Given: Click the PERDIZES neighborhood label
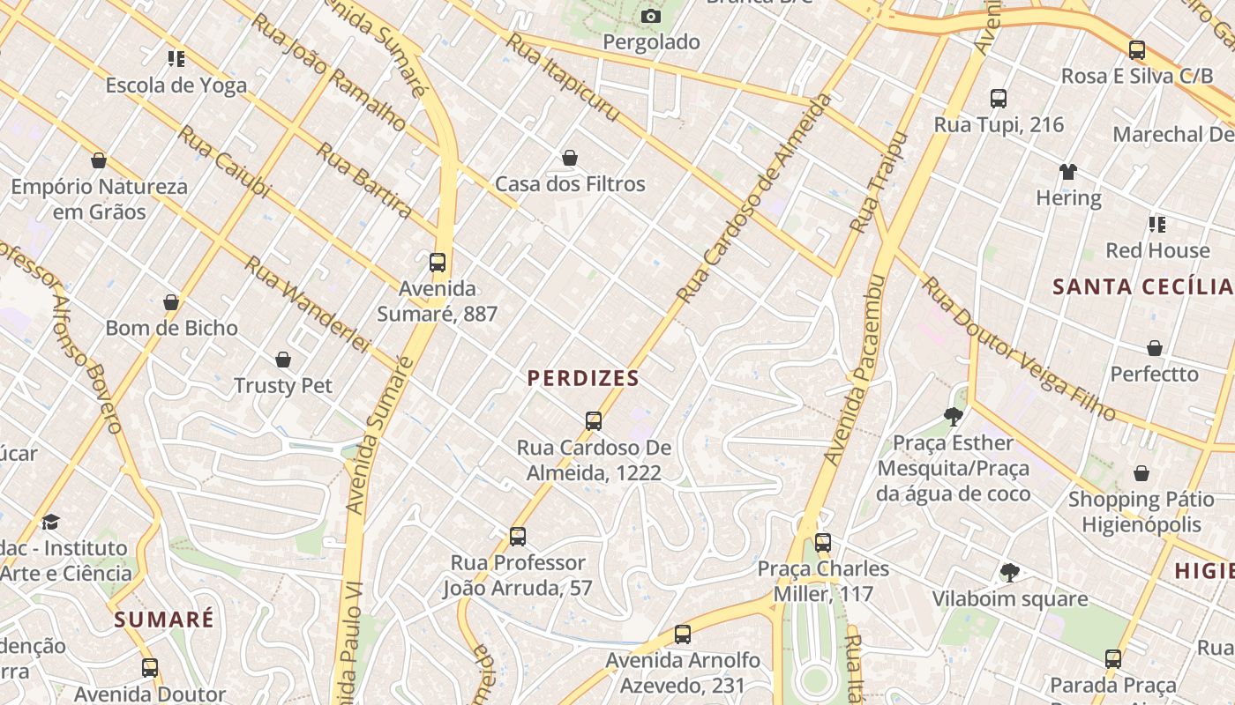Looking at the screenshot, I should [x=583, y=378].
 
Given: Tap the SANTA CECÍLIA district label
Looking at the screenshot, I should [x=1142, y=286].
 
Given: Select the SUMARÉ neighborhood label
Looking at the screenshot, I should [x=164, y=620].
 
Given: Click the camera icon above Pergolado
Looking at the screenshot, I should [x=651, y=16].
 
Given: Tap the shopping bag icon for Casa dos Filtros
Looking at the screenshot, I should [x=570, y=158].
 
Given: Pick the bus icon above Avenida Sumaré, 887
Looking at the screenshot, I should [x=437, y=262].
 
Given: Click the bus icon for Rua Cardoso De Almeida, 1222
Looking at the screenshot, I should [x=594, y=421].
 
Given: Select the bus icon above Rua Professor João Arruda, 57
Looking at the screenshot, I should [x=518, y=536].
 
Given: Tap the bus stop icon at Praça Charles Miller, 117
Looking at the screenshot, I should [x=823, y=543].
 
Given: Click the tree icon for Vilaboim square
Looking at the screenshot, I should [x=1010, y=573].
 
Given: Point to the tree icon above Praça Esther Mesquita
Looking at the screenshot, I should [x=953, y=416].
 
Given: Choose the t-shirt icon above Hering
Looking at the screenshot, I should [x=1068, y=171].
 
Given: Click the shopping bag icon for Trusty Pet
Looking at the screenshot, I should [x=283, y=360].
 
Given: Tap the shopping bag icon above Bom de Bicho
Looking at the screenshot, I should [x=171, y=302].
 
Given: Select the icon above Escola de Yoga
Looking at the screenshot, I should [x=176, y=59].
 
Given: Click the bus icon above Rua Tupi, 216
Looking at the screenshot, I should [x=999, y=99].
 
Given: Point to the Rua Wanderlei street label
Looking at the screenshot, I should [x=306, y=303].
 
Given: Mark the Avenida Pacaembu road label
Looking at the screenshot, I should [x=853, y=370].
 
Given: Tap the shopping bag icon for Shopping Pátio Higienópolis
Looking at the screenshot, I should [x=1141, y=474].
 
